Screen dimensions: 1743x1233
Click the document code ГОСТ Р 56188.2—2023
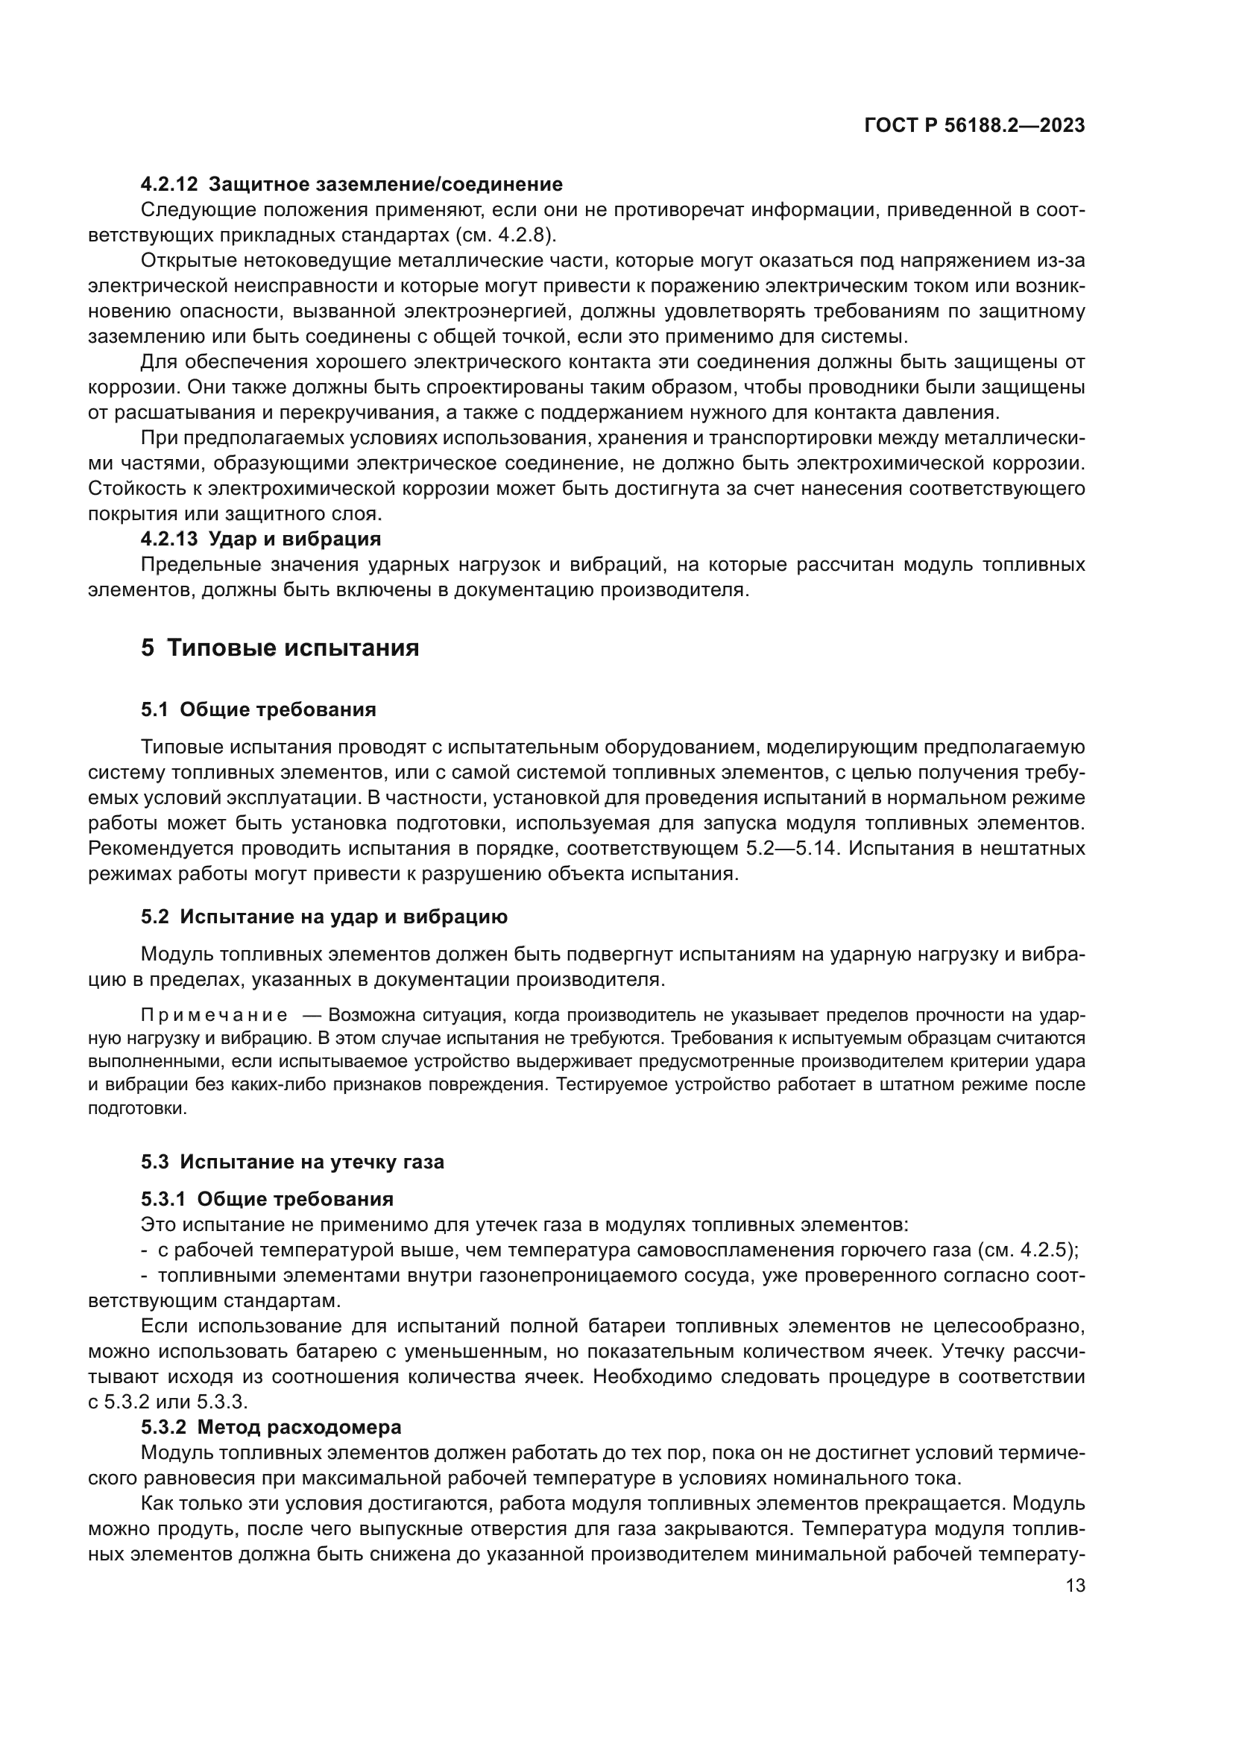click(x=974, y=126)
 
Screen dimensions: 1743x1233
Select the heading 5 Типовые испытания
click(x=280, y=648)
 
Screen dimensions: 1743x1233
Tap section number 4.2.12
click(x=169, y=184)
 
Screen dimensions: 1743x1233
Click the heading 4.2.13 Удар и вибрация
click(x=260, y=539)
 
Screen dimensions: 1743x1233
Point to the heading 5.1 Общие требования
click(x=258, y=710)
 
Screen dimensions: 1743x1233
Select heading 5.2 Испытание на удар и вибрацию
click(x=324, y=917)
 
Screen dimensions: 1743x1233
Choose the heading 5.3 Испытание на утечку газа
click(x=292, y=1162)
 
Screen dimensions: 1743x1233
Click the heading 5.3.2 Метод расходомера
click(x=271, y=1427)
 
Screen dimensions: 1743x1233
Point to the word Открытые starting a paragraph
click(x=188, y=260)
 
